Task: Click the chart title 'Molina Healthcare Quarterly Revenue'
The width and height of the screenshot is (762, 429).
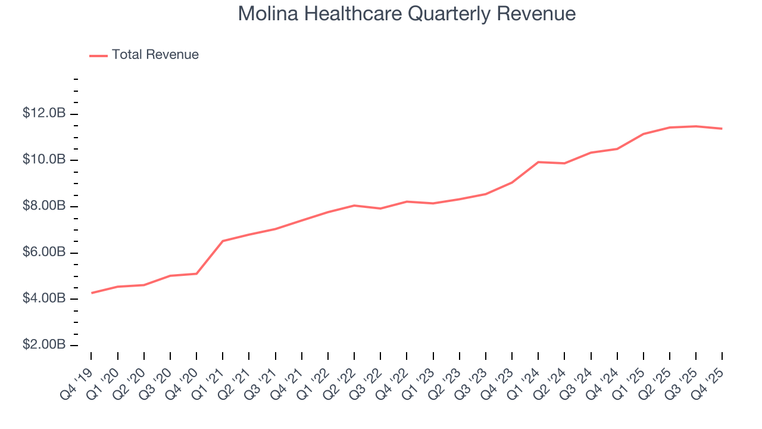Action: [x=407, y=14]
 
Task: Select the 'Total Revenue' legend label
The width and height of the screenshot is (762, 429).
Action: [x=155, y=55]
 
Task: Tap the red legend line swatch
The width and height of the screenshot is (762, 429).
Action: [x=98, y=55]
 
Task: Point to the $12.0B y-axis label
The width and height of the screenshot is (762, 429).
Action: [x=43, y=113]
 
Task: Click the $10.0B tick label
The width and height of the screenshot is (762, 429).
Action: [x=43, y=160]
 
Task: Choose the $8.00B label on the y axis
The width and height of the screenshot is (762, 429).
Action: [x=43, y=206]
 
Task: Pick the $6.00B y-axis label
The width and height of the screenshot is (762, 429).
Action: [x=43, y=252]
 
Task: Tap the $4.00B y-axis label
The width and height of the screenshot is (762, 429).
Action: [x=43, y=299]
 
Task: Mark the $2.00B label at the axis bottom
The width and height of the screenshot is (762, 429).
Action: [x=43, y=345]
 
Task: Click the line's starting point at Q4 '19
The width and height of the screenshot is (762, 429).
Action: [x=91, y=293]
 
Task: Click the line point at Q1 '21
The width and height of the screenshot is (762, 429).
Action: [x=223, y=241]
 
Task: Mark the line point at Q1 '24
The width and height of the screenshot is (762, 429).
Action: [x=538, y=162]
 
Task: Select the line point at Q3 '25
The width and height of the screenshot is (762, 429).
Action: [x=696, y=126]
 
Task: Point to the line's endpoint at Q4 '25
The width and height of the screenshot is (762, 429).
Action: [x=722, y=129]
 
